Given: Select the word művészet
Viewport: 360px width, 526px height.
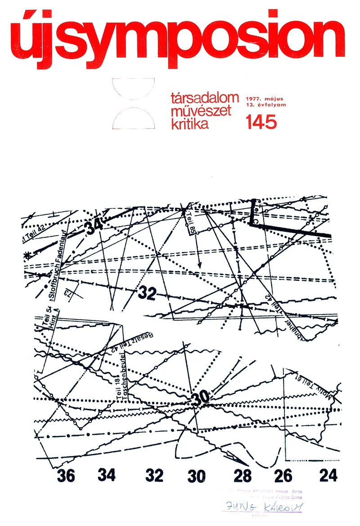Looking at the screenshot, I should pos(201,111).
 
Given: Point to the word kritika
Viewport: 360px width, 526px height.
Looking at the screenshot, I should pos(190,123).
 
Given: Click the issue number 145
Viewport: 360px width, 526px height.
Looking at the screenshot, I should pos(261,122).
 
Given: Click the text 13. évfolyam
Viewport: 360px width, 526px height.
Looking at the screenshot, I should pos(266,105).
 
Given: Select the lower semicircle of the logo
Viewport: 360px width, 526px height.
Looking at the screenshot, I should pos(134,119).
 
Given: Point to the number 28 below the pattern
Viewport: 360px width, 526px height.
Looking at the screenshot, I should pos(242,476).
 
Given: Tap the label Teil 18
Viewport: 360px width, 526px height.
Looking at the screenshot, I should pos(118,385).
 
